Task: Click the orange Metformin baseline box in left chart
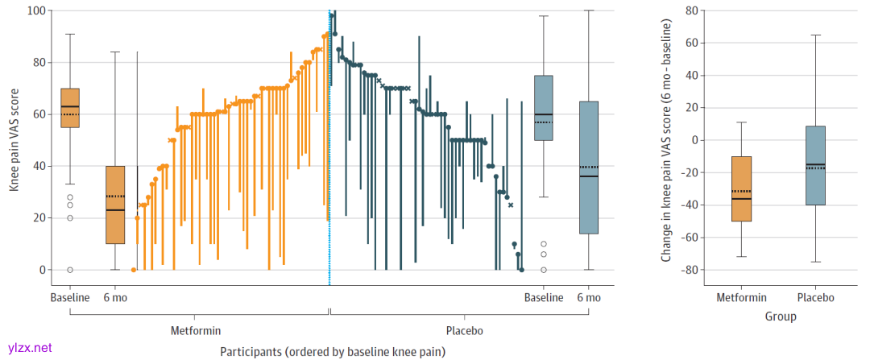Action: click(x=70, y=108)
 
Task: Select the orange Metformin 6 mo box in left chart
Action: click(x=115, y=205)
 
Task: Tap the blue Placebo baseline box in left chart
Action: click(x=544, y=108)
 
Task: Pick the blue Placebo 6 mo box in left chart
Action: click(x=589, y=168)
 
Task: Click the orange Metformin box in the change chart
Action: click(x=742, y=188)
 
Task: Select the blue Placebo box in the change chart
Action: click(x=815, y=165)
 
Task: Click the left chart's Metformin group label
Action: click(x=196, y=330)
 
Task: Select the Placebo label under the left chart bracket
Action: click(x=465, y=330)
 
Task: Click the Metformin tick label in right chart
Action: click(x=742, y=298)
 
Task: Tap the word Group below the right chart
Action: click(x=781, y=317)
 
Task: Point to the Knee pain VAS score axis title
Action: click(x=14, y=141)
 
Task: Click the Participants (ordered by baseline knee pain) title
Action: click(x=332, y=351)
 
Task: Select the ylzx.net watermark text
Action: click(x=28, y=348)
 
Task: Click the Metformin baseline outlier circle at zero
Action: click(x=70, y=270)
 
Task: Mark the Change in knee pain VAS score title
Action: click(x=667, y=141)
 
